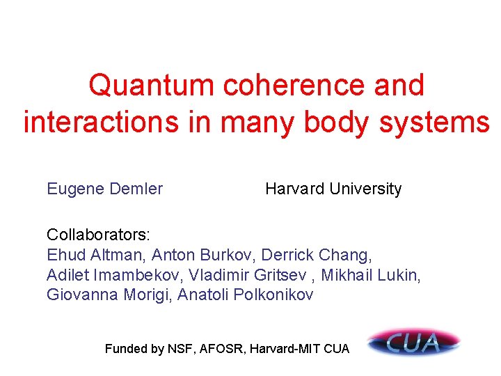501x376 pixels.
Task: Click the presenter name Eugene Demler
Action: pyautogui.click(x=104, y=189)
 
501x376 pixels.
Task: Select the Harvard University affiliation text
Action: pyautogui.click(x=333, y=189)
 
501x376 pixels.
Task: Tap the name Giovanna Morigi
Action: pyautogui.click(x=109, y=295)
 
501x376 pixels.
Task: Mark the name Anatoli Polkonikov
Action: pyautogui.click(x=246, y=295)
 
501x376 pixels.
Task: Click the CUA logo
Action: pyautogui.click(x=414, y=343)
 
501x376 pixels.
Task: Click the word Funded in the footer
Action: pyautogui.click(x=126, y=349)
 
